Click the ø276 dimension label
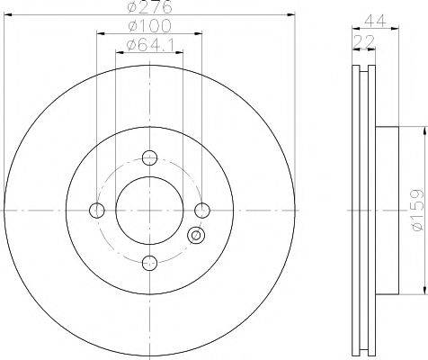point(150,6)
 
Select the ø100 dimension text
point(149,26)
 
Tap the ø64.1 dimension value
point(150,45)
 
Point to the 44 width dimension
point(375,21)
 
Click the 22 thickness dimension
point(364,41)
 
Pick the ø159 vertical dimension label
point(418,210)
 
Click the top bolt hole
point(149,157)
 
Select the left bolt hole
point(97,210)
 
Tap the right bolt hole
point(202,210)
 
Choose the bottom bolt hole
point(149,263)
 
